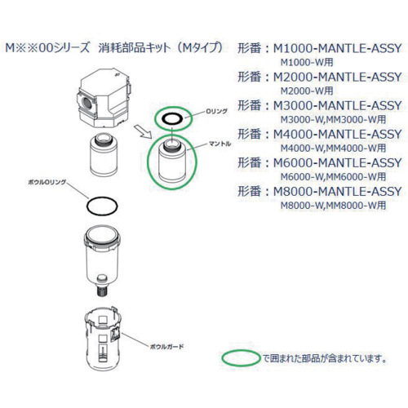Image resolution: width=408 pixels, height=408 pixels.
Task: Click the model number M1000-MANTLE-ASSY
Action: point(335,49)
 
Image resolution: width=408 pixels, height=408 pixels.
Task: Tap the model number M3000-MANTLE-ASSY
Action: point(335,106)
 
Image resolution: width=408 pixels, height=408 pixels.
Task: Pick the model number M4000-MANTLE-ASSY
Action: point(335,135)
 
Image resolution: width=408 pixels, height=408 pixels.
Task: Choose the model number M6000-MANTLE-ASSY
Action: point(335,163)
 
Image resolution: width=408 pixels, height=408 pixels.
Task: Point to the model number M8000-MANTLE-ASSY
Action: point(335,192)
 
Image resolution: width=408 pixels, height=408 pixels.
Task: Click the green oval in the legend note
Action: point(240,358)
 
